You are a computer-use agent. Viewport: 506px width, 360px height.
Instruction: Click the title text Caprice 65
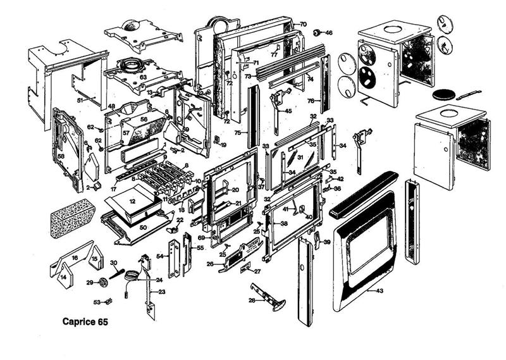click(85, 321)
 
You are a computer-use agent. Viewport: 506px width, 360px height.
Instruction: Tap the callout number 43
click(379, 291)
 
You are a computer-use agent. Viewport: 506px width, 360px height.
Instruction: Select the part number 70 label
click(303, 24)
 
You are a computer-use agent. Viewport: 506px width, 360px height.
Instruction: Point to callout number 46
click(328, 32)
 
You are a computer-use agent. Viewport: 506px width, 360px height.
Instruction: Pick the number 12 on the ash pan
click(132, 201)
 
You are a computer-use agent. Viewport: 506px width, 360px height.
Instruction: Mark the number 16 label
click(74, 258)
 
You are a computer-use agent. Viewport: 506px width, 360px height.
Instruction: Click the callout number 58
click(61, 156)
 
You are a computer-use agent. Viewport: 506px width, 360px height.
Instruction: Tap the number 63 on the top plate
click(143, 77)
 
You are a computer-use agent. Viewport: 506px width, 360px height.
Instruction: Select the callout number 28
click(252, 300)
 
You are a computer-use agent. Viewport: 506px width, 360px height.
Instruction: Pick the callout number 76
click(311, 101)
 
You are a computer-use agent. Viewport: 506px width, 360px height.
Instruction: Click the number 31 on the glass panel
click(300, 157)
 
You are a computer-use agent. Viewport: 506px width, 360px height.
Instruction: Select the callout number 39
click(327, 242)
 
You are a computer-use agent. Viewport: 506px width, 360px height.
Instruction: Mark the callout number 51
click(80, 100)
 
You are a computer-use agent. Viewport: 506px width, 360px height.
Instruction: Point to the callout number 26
click(209, 264)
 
